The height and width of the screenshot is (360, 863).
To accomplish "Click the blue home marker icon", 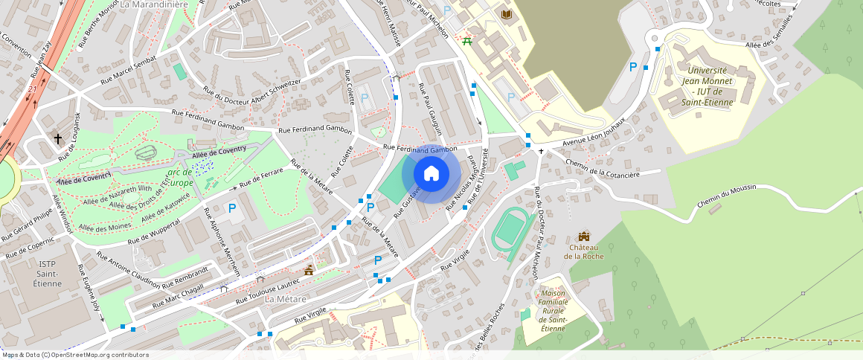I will [x=431, y=174].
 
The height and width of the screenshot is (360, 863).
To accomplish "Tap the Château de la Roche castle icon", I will [x=583, y=237].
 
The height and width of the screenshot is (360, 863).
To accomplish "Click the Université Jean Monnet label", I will [x=707, y=86].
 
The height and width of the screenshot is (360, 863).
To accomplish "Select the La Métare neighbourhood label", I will [x=285, y=298].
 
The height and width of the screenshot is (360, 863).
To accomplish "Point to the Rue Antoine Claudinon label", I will [x=128, y=269].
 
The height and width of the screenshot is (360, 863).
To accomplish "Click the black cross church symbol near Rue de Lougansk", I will [x=58, y=138].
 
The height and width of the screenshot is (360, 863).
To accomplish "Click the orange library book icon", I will [x=507, y=15].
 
